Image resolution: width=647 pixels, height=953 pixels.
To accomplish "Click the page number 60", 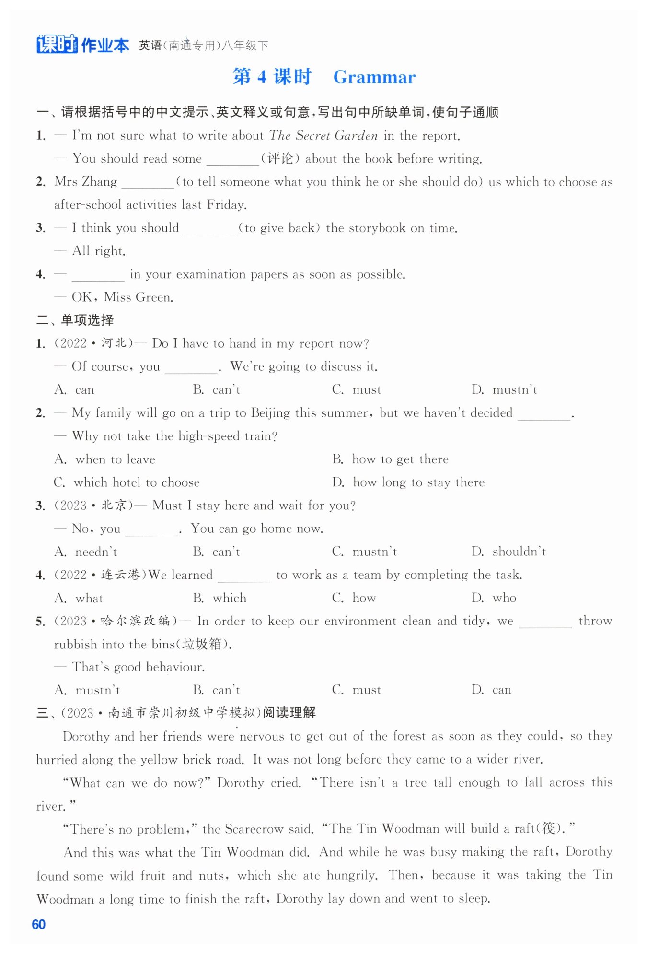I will (x=38, y=924).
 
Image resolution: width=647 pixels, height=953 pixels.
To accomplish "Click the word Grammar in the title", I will (x=374, y=77).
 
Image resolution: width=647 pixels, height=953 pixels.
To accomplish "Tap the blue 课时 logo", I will (x=57, y=44).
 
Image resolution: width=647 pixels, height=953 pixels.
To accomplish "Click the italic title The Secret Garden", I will (x=323, y=136).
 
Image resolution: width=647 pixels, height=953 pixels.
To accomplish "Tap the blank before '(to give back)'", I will (x=210, y=229).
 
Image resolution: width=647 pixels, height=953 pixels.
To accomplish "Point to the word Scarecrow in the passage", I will (x=255, y=829).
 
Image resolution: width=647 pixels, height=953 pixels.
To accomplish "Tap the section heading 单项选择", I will (x=87, y=320).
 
